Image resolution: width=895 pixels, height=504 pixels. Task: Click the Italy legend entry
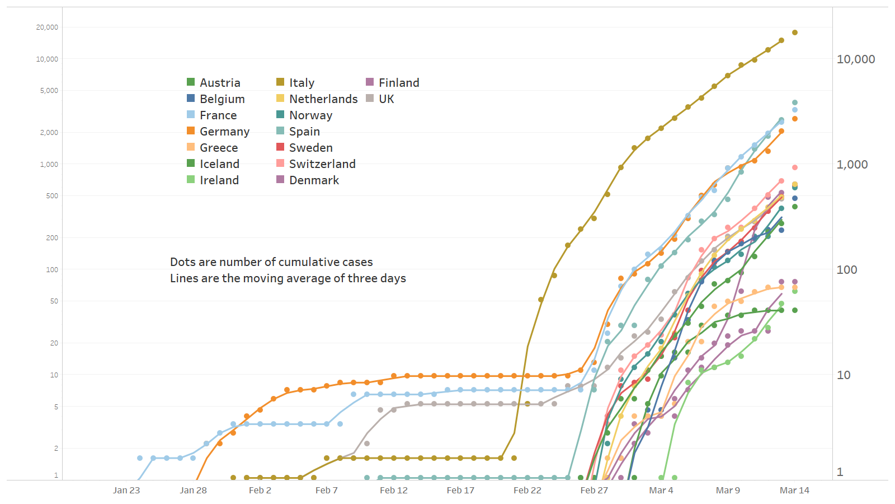(x=302, y=83)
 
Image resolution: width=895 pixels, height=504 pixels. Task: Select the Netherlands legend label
(x=323, y=99)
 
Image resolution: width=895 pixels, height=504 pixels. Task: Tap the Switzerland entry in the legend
(x=322, y=164)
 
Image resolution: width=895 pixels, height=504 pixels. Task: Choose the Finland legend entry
(x=398, y=83)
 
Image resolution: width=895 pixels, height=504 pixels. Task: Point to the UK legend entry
(x=386, y=99)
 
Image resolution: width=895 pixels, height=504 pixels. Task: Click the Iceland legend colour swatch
(x=191, y=164)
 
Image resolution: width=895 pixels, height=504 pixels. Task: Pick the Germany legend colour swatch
(x=191, y=131)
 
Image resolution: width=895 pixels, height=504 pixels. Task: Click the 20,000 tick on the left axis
(x=47, y=27)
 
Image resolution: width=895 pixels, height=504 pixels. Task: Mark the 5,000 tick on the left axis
(x=49, y=91)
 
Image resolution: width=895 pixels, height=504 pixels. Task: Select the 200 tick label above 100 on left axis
(x=51, y=238)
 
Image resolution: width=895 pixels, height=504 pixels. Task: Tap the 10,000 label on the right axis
(x=855, y=59)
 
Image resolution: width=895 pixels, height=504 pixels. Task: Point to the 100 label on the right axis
(x=846, y=270)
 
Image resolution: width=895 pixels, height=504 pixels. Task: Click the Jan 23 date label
(x=126, y=491)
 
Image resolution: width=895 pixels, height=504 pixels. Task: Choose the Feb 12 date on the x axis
(x=394, y=491)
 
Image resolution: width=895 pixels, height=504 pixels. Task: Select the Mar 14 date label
(x=794, y=491)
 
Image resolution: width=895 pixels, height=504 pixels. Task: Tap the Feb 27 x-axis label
(x=594, y=491)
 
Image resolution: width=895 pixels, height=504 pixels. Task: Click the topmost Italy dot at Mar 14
(x=795, y=32)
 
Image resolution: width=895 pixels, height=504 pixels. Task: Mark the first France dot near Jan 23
(x=140, y=458)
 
